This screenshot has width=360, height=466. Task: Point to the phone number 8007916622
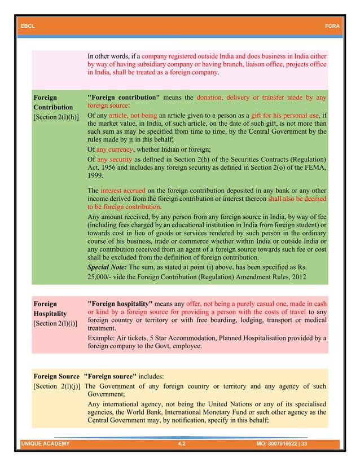tap(293, 445)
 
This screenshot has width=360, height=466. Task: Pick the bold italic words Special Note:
tap(107, 266)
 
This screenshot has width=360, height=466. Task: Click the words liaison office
tap(271, 65)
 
